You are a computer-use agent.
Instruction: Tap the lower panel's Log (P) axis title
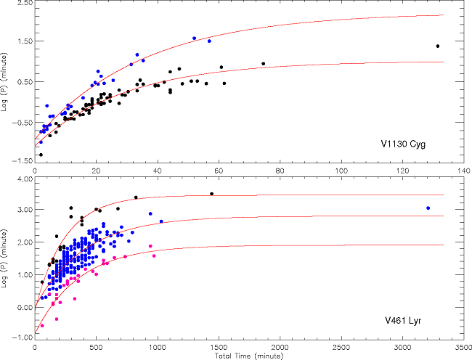(x=7, y=258)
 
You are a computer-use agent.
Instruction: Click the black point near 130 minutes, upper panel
(x=438, y=46)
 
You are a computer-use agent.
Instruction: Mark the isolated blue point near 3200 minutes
(x=428, y=208)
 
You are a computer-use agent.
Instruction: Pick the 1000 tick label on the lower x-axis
(x=158, y=348)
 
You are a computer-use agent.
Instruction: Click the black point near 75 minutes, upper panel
(x=263, y=64)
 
